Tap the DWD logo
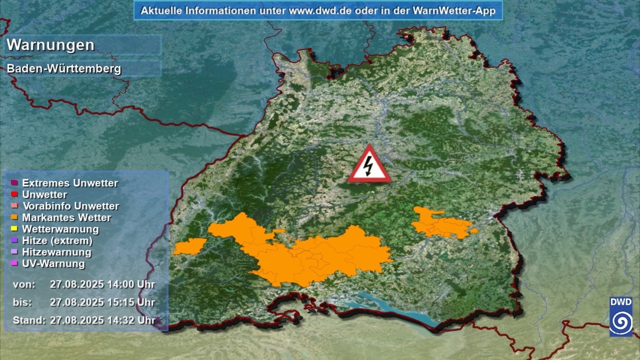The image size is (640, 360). (621, 316)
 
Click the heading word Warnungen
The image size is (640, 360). (51, 45)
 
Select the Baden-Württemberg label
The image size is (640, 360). (64, 69)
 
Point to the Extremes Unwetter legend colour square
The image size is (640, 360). (14, 183)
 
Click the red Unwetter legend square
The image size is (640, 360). (14, 195)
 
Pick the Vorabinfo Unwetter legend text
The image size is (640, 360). (71, 206)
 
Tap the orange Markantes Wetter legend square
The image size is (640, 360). (14, 217)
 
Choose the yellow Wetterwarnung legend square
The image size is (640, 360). (14, 229)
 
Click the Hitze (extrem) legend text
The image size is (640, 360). (57, 241)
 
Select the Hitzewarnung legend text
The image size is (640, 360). (57, 252)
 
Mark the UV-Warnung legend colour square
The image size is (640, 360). (14, 263)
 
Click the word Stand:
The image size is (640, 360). (29, 321)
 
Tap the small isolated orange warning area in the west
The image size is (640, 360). (190, 246)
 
